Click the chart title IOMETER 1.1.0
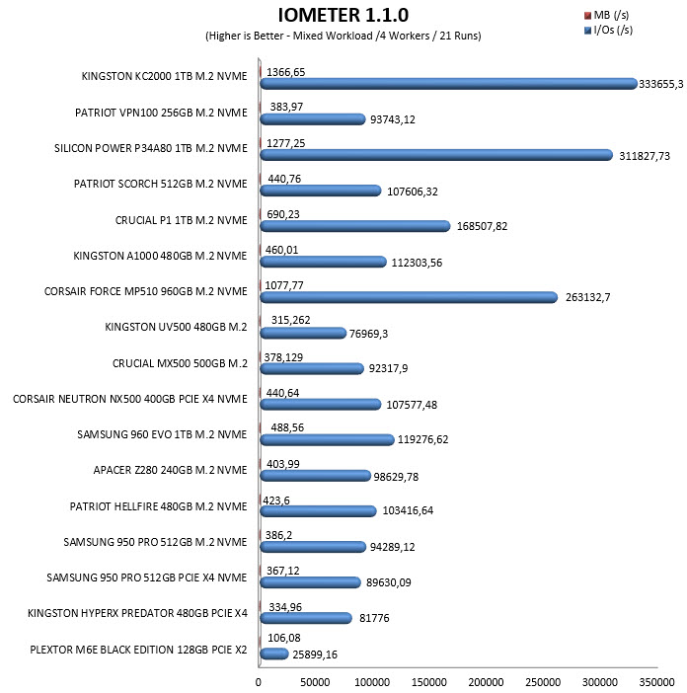pos(343,15)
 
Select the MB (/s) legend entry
pos(607,15)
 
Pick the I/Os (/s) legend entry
pos(608,30)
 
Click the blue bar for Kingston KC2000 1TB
pos(448,84)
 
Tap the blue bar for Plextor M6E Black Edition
pos(274,654)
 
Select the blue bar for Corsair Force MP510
pos(409,297)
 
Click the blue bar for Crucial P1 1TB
pos(354,226)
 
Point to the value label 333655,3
pos(661,84)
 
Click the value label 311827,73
pos(645,156)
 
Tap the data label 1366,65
pos(286,72)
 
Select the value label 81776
pos(374,618)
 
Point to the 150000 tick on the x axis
pos(429,682)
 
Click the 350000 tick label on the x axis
pos(657,682)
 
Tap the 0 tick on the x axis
pos(259,682)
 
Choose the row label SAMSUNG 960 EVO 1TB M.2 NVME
pos(162,434)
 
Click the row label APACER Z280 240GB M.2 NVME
pos(170,470)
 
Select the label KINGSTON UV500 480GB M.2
pos(176,327)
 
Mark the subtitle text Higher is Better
pos(246,36)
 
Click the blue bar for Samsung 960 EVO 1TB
pos(327,439)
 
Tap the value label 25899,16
pos(315,654)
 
